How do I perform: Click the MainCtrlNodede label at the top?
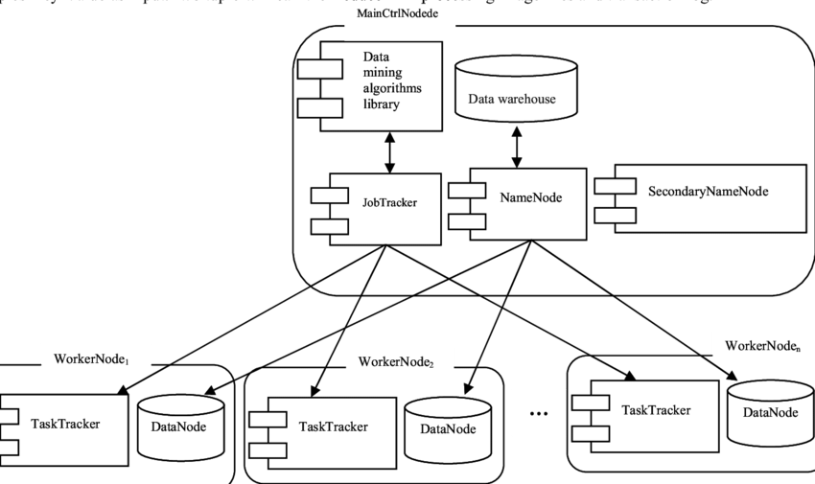tap(398, 13)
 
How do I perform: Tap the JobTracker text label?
tap(388, 202)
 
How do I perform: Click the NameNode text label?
tap(530, 197)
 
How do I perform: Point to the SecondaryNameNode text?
tap(708, 191)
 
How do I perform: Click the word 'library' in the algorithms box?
tap(381, 104)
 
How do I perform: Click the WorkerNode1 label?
tap(91, 358)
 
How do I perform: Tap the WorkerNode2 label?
tap(396, 362)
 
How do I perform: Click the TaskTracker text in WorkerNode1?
tap(64, 423)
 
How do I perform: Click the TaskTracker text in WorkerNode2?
tap(333, 426)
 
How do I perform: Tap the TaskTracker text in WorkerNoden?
tap(656, 410)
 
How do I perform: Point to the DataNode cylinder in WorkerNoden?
tap(770, 409)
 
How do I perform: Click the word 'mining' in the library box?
tap(383, 73)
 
